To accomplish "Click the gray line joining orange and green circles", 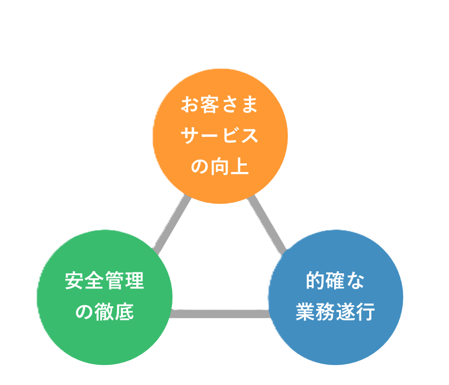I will tap(171, 224).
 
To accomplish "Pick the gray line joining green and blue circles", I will tap(220, 313).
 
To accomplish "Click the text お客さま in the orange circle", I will tap(220, 105).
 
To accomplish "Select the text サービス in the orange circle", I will tap(220, 136).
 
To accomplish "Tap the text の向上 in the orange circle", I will tap(220, 167).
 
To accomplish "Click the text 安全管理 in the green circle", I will tap(104, 281).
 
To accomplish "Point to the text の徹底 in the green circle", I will tap(104, 312).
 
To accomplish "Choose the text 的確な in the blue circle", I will tap(335, 281).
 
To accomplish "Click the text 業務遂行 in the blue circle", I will tap(335, 312).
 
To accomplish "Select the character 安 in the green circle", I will tap(74, 281).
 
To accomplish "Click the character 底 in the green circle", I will tap(124, 312).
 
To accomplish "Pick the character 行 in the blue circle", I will tap(365, 312).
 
